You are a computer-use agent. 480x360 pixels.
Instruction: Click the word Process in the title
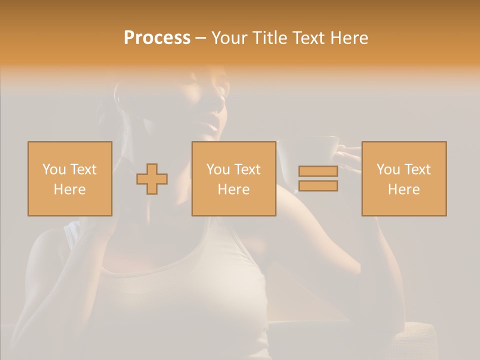[157, 38]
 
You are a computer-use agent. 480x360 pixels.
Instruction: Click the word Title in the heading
[269, 38]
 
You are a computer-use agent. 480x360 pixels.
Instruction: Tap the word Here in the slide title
[348, 38]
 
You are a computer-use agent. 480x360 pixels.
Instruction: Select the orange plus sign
[152, 179]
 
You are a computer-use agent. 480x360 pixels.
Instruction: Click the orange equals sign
[318, 178]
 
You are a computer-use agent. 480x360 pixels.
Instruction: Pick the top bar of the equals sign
[318, 171]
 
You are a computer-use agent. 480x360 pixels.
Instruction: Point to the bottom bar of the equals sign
[318, 186]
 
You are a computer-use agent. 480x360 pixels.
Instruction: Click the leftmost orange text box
[70, 178]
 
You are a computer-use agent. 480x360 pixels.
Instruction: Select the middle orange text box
[233, 178]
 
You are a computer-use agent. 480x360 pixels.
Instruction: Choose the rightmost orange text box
[404, 178]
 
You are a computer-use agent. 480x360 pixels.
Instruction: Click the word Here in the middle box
[233, 189]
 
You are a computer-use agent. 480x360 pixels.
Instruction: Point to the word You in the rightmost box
[388, 169]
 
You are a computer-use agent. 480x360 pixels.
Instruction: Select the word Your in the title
[228, 38]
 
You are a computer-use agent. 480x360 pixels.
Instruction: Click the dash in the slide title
[200, 38]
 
